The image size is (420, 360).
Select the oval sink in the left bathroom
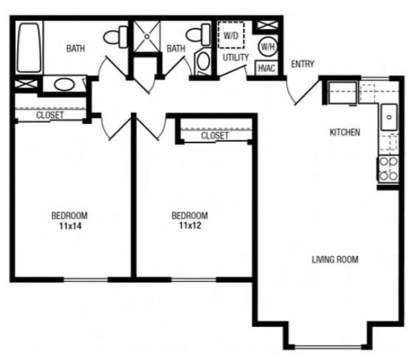63,83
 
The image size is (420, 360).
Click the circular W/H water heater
266,46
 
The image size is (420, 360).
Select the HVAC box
266,68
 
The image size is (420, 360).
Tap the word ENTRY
303,64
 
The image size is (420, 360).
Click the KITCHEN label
344,133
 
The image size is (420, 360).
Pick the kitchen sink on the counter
389,117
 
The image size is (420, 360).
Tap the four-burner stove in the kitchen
388,169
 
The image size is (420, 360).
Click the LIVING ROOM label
334,259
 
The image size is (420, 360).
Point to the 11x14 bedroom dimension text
69,226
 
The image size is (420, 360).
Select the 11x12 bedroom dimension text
189,226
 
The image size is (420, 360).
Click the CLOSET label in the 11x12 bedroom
215,136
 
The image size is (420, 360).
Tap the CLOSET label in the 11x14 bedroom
49,115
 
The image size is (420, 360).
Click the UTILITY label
235,57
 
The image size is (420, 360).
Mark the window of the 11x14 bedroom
86,280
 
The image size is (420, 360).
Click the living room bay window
324,345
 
